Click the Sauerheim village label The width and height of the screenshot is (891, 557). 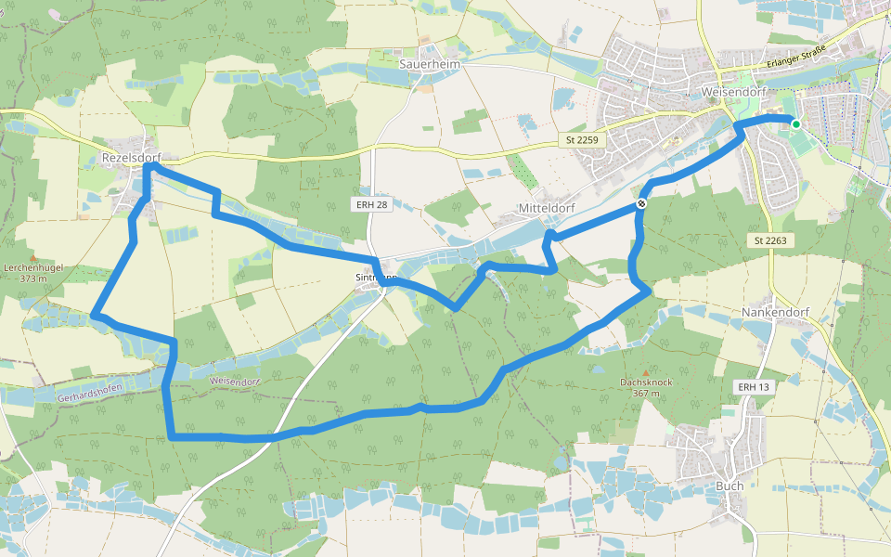(x=423, y=64)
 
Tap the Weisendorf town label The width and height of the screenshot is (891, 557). (x=733, y=94)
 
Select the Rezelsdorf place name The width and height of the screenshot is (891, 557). (x=132, y=159)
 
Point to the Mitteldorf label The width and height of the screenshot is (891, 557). (x=548, y=209)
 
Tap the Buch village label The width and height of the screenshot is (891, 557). (x=730, y=486)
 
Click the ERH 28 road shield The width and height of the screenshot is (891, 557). (x=369, y=203)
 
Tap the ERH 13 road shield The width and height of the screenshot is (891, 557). (x=753, y=386)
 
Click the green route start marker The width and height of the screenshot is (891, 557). (x=795, y=123)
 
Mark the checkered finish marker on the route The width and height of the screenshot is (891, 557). (x=641, y=203)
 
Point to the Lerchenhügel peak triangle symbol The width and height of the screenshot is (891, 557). (x=32, y=257)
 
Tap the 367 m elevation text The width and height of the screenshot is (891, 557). (x=646, y=394)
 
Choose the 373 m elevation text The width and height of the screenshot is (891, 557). (x=32, y=278)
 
